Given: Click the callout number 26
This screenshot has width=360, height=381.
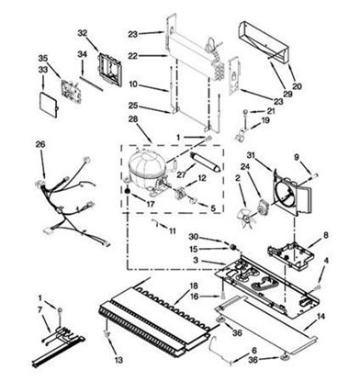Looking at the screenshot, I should click(39, 144).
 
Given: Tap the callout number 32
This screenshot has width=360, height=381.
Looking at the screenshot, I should click(82, 33).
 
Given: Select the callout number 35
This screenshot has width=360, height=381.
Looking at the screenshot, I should click(42, 58).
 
